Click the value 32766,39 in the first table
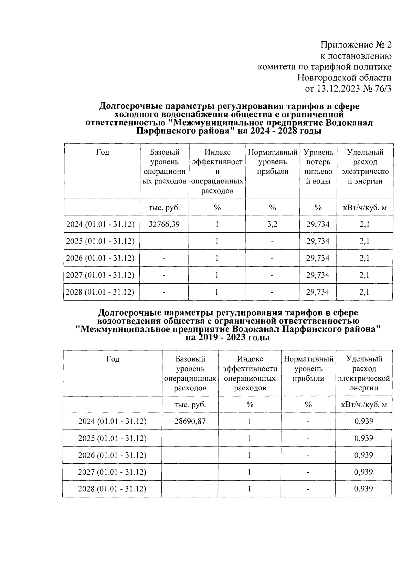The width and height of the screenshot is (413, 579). tap(164, 224)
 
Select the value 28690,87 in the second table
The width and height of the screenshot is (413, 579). tap(190, 421)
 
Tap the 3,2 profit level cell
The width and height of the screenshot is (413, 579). tap(272, 224)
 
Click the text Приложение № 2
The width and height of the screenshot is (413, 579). tap(356, 45)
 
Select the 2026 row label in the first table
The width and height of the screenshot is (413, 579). tap(100, 258)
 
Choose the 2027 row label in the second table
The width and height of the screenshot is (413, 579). tap(112, 472)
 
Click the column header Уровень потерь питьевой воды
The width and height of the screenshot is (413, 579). tap(318, 167)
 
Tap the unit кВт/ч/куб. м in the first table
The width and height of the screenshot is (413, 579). tap(365, 208)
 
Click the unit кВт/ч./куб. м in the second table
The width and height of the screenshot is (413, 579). tap(364, 404)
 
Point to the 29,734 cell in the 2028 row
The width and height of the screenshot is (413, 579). tap(318, 292)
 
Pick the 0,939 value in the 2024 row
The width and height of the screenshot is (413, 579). tap(364, 421)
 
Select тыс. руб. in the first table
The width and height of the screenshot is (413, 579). tap(164, 208)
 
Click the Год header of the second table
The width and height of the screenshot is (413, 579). tap(113, 359)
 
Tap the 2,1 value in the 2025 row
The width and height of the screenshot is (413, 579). tap(364, 241)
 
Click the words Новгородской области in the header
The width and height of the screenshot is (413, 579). tap(344, 78)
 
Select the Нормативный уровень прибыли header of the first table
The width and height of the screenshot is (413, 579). tap(272, 162)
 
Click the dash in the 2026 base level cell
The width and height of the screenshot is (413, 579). tap(164, 258)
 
